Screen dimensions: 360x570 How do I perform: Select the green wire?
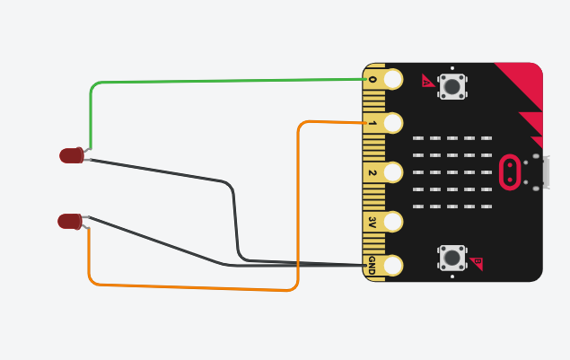pyautogui.click(x=224, y=82)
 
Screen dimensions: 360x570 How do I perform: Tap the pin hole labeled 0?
pyautogui.click(x=393, y=79)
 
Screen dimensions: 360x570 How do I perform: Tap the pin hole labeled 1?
pyautogui.click(x=393, y=123)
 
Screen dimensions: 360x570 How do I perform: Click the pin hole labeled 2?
pyautogui.click(x=393, y=172)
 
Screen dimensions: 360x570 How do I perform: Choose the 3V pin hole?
pyautogui.click(x=393, y=221)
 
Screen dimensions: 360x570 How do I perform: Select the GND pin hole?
pyautogui.click(x=393, y=265)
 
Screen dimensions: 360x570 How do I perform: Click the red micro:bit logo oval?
pyautogui.click(x=510, y=172)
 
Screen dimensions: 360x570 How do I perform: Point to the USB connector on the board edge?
pyautogui.click(x=543, y=172)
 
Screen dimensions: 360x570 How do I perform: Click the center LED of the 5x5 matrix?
pyautogui.click(x=452, y=172)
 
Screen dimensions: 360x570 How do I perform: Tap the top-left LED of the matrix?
pyautogui.click(x=418, y=138)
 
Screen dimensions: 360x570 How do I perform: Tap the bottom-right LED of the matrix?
pyautogui.click(x=487, y=206)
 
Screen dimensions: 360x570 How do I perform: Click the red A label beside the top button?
pyautogui.click(x=427, y=82)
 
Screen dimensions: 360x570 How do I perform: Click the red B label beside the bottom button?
pyautogui.click(x=477, y=263)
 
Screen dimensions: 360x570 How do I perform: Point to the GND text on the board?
pyautogui.click(x=372, y=264)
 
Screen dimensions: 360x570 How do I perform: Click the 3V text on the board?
pyautogui.click(x=372, y=222)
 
